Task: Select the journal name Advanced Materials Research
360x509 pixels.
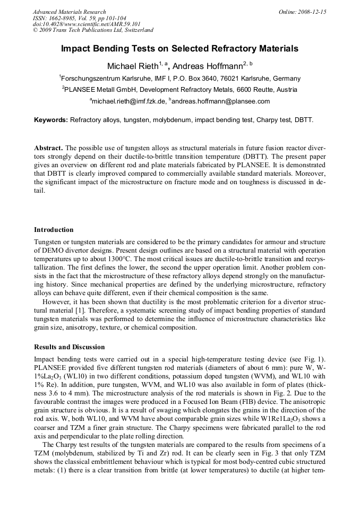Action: [69, 12]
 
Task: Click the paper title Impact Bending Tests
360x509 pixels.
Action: [179, 49]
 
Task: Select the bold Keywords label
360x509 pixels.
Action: [51, 120]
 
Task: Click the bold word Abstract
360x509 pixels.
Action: [48, 148]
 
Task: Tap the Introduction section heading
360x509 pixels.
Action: [54, 230]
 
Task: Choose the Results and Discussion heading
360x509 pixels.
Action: [70, 347]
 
